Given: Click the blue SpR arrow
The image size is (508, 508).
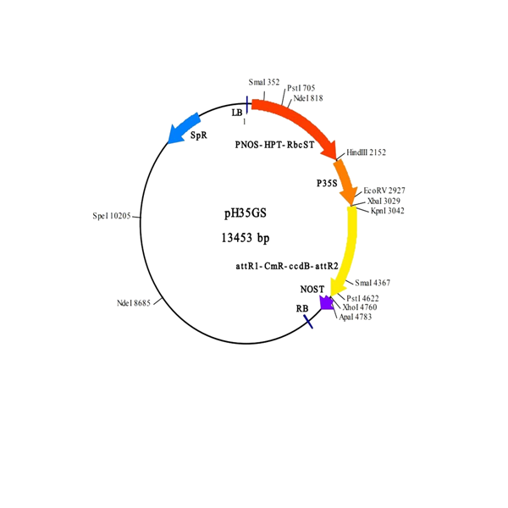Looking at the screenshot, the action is [x=183, y=128].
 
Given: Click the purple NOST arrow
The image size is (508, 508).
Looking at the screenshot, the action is [x=326, y=303].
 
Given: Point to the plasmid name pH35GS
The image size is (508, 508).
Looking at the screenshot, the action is [x=246, y=213].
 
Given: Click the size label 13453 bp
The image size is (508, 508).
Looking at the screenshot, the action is [x=246, y=238].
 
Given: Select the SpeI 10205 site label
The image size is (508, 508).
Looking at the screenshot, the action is [x=112, y=216].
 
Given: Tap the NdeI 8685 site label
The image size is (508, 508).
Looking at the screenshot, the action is [x=134, y=303].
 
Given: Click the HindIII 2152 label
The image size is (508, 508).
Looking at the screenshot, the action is [x=366, y=152].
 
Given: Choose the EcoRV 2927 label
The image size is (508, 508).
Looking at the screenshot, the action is [x=384, y=190].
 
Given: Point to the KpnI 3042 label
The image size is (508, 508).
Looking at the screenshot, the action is [x=388, y=211].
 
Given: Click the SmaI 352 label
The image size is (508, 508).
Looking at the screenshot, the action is [x=264, y=82].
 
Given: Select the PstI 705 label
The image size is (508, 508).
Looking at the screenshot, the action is [x=301, y=88].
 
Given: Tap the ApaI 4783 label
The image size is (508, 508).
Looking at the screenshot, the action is [x=355, y=317].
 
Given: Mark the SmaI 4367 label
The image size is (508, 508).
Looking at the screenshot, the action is [x=373, y=283].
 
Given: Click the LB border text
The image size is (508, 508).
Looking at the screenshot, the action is [x=237, y=113].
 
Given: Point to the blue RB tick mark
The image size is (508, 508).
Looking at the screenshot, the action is [x=308, y=322].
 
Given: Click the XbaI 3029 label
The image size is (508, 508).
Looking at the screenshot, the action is [x=384, y=201].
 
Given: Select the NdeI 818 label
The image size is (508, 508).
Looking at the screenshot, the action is [x=308, y=98].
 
